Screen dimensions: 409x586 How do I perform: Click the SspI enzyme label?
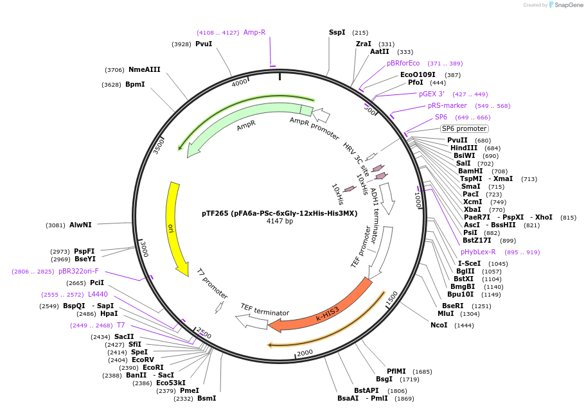[x=337, y=32]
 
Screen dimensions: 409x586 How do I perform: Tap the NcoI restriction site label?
[x=439, y=326]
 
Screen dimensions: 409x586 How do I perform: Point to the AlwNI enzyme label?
[x=80, y=225]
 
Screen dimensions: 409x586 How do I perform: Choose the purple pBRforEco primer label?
[x=403, y=63]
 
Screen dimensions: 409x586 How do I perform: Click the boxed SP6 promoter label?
[x=465, y=128]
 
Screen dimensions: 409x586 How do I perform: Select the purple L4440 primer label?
[x=98, y=294]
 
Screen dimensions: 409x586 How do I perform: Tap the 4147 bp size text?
[x=280, y=221]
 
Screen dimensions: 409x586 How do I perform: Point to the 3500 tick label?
[x=159, y=146]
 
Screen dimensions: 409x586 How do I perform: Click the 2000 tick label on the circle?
[x=305, y=352]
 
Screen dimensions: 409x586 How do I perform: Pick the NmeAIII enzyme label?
[x=144, y=69]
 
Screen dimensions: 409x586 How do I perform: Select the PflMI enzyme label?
[x=396, y=371]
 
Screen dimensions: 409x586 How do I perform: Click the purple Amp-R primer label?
[x=254, y=32]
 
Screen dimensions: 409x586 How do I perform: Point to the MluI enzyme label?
[x=445, y=313]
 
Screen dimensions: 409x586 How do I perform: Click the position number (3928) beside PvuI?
[x=182, y=44]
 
